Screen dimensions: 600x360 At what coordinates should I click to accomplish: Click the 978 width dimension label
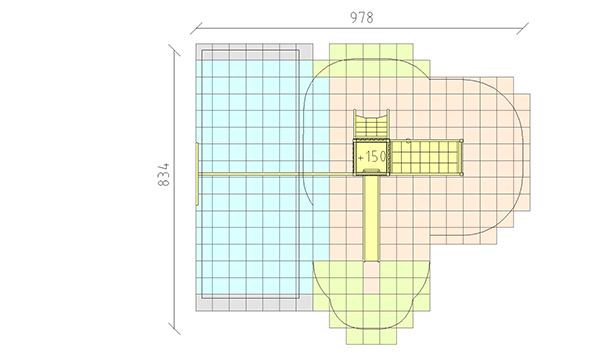(x=362, y=18)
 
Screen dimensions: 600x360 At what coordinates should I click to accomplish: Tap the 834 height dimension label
(x=163, y=174)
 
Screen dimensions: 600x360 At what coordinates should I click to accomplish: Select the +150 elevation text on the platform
(x=372, y=157)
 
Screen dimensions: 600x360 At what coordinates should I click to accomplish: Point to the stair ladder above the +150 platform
(x=371, y=124)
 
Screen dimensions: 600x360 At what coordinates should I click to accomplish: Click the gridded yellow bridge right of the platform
(x=426, y=157)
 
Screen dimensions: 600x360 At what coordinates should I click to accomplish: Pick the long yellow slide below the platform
(x=371, y=218)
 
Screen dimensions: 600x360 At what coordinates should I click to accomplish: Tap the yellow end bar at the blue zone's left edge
(x=197, y=174)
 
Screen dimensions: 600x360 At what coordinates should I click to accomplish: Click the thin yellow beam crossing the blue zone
(x=276, y=174)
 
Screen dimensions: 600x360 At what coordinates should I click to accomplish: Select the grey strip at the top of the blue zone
(x=254, y=52)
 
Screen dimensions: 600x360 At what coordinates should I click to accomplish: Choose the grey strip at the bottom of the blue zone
(x=254, y=303)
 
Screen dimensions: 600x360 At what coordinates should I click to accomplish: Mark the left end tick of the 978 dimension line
(x=196, y=28)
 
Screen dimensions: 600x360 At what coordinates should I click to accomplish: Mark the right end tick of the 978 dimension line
(x=523, y=28)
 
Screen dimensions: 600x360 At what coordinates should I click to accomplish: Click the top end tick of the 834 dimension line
(x=174, y=50)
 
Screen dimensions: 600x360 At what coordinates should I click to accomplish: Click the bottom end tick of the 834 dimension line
(x=174, y=329)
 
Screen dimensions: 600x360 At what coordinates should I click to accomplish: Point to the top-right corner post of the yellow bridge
(x=461, y=141)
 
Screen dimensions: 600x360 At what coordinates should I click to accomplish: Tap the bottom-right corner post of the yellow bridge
(x=461, y=174)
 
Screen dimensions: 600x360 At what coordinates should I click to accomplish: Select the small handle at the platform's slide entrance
(x=371, y=171)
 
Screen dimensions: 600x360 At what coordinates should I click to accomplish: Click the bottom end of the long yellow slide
(x=371, y=262)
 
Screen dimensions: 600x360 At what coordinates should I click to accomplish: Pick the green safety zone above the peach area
(x=371, y=60)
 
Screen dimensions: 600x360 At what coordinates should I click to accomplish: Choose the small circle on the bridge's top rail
(x=408, y=141)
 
